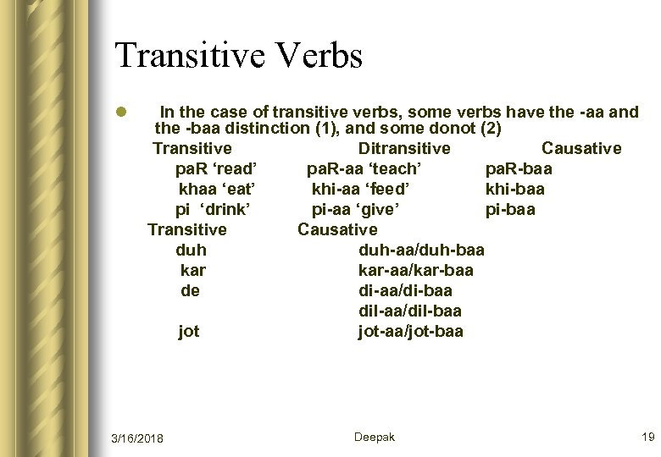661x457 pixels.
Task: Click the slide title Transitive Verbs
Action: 239,56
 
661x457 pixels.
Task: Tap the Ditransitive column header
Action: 398,149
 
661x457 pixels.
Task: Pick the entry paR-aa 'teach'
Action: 362,169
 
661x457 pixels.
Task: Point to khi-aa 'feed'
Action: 362,189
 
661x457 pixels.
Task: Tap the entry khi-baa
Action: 514,189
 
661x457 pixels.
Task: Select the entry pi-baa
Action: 510,209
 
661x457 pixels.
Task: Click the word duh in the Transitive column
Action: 191,250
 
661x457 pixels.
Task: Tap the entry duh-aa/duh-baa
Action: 421,250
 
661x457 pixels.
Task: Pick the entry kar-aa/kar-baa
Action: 416,270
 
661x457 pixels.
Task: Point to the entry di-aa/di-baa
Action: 405,290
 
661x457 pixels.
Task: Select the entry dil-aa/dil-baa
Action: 410,311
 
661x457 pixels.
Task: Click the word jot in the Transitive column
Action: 189,331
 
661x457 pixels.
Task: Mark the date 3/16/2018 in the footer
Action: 138,438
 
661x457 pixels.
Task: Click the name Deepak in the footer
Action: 374,437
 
